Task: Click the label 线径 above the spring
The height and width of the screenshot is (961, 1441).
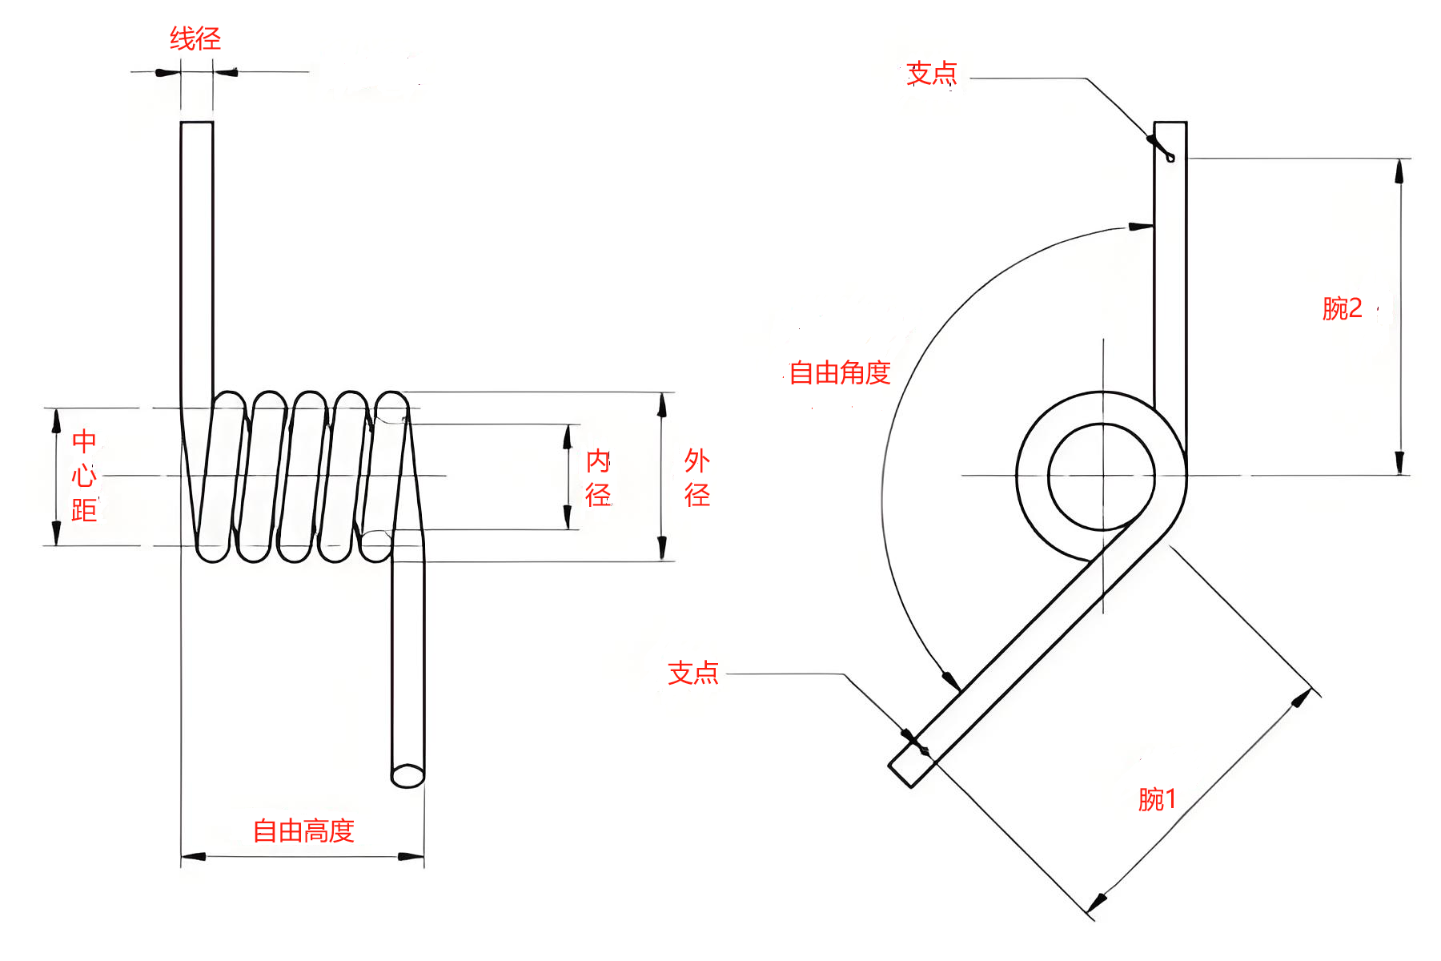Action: point(195,38)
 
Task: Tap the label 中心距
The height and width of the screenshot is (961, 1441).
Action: point(84,476)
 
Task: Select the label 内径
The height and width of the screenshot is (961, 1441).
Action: point(598,478)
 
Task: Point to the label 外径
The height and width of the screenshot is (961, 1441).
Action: point(696,478)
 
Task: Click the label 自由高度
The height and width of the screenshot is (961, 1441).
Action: point(303,831)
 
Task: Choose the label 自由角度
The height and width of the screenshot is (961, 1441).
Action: point(840,373)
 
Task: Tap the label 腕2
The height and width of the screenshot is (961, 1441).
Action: point(1342,308)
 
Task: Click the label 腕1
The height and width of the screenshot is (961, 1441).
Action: point(1157,799)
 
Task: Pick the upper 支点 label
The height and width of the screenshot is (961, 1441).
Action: point(931,74)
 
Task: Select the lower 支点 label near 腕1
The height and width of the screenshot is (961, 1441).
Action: point(693,673)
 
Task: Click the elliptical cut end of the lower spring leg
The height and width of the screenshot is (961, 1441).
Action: point(407,775)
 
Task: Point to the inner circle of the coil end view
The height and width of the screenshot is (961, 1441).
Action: point(1102,476)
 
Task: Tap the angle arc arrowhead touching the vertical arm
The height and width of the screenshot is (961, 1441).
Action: point(1141,227)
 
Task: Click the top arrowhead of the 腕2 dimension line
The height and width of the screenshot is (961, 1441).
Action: point(1399,171)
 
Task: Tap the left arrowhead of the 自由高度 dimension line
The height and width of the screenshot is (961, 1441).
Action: point(194,856)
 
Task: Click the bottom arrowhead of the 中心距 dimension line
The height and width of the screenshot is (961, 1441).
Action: point(56,533)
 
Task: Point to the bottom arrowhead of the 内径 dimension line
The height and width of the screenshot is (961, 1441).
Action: point(568,517)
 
